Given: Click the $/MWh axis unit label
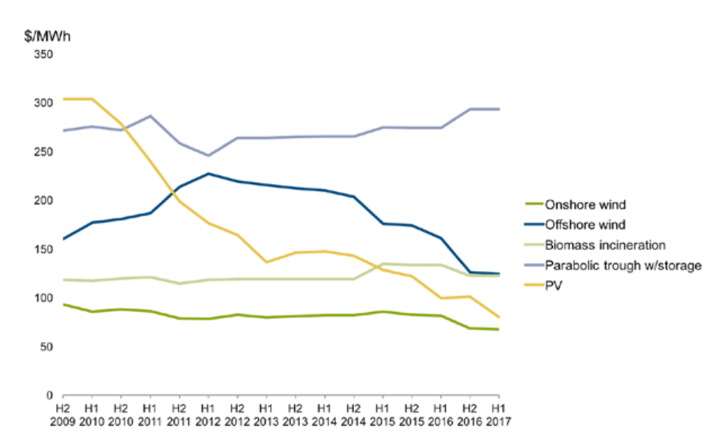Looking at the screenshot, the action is point(48,36).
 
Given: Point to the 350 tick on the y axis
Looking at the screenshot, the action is point(43,55).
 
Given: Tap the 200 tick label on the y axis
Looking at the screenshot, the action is point(43,201).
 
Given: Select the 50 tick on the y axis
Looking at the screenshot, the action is point(46,347).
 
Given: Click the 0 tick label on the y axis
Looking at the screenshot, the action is point(49,396).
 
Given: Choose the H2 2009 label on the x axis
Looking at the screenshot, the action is point(63,415).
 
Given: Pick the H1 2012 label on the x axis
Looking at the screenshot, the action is point(208,415).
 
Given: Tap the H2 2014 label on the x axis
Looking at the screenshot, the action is point(354,415).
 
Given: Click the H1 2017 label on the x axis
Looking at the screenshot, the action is point(498,415).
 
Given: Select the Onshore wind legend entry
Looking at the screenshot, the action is point(575,204).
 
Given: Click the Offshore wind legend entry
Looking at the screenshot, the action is point(575,224).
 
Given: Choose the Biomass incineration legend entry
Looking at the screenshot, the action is point(595,245).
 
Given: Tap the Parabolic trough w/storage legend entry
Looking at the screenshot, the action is point(613,266).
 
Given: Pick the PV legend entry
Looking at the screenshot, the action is point(543,285).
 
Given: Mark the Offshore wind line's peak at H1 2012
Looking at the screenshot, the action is point(209,174).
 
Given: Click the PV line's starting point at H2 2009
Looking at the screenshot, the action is point(64,99).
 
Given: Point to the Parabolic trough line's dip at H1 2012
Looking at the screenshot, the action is point(209,156).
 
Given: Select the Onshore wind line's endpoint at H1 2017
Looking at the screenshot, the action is point(499,329).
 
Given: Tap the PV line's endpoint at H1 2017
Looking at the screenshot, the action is point(499,317).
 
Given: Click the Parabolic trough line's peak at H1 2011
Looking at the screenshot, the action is point(150,116).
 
